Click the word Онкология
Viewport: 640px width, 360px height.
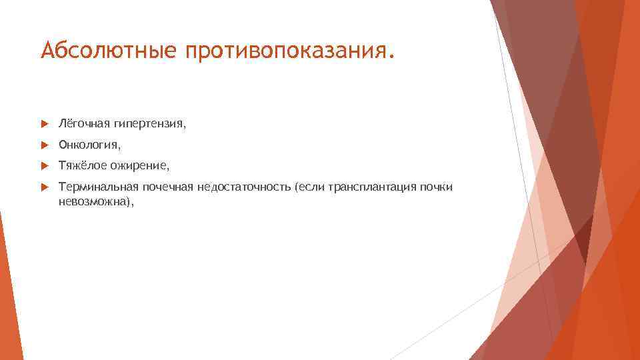(89, 144)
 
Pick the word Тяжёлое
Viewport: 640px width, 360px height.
(81, 165)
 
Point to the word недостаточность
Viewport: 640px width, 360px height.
(243, 187)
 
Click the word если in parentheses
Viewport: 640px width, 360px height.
(306, 187)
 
